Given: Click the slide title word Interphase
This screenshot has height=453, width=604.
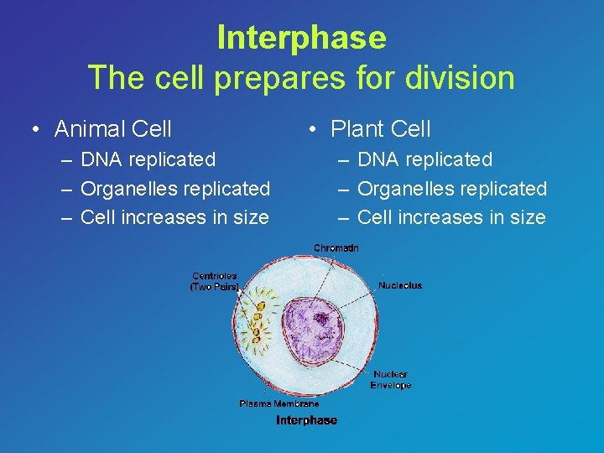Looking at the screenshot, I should coord(301,38).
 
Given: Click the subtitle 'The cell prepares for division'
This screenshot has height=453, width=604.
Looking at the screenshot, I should coord(301,78).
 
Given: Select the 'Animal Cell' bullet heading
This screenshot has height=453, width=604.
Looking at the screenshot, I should coord(112,129).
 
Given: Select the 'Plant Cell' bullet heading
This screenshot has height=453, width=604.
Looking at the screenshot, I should coord(380,129).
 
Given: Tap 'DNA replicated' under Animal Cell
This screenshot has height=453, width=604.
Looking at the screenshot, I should coord(148,159).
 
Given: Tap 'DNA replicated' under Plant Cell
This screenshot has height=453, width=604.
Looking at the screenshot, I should coord(424,159).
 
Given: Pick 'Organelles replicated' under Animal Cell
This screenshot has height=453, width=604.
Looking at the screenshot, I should coord(174,189).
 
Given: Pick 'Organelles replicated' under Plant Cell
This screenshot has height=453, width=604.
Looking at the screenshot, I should coord(451,189).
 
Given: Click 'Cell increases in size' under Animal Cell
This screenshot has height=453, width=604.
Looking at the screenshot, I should coord(174,218).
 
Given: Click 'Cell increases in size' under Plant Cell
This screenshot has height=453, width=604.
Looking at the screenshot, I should coord(451,218).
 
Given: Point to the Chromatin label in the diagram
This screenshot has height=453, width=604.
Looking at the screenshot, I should coord(336,247).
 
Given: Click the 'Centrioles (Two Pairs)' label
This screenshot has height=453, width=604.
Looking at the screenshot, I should coord(215,281).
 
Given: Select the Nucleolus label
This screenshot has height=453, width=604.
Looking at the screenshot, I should coord(400,285).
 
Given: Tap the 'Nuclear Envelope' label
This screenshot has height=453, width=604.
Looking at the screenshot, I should coord(391,380).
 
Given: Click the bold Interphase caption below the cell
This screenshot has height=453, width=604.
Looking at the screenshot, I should coord(306,420).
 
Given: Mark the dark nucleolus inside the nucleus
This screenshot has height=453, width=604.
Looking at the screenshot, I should coord(321,318).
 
